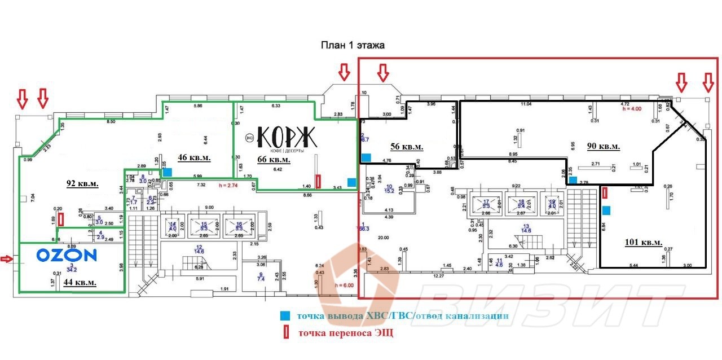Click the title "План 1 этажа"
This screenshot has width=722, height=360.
[x=353, y=46]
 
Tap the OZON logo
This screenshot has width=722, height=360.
[x=67, y=256]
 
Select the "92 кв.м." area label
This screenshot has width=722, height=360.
[x=82, y=184]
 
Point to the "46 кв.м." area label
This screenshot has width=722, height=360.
[x=195, y=158]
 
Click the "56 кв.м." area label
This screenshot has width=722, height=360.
[x=407, y=146]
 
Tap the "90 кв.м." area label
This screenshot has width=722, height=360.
[x=603, y=146]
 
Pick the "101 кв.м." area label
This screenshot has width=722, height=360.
[x=644, y=243]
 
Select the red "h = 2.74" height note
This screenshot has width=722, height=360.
[x=229, y=185]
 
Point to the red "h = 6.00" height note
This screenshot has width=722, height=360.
[x=344, y=286]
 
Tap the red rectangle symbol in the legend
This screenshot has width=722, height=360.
[x=286, y=333]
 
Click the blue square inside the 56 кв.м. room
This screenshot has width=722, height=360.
[x=366, y=157]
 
